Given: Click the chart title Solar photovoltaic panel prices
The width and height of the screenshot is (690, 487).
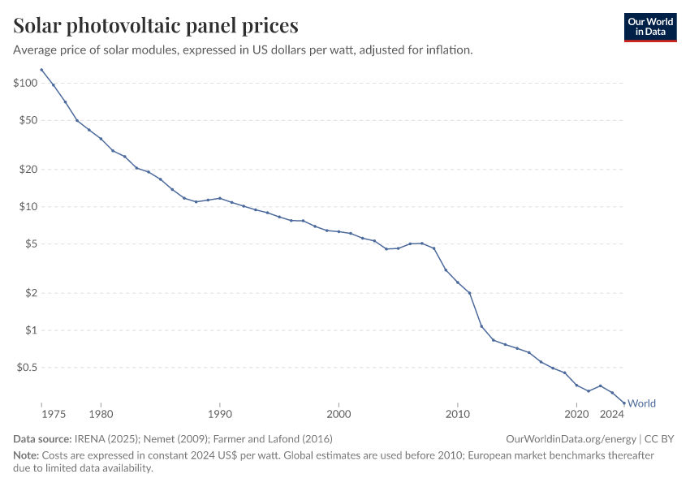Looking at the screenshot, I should pyautogui.click(x=156, y=26).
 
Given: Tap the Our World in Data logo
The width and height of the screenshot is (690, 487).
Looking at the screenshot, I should pyautogui.click(x=649, y=26).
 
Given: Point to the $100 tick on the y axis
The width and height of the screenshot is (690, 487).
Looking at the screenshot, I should pyautogui.click(x=25, y=84).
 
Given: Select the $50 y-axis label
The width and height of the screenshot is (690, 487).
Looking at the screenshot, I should pyautogui.click(x=28, y=120).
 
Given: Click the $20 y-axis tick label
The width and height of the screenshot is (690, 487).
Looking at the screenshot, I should pyautogui.click(x=28, y=170).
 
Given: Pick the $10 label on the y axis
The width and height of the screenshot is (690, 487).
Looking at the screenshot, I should pyautogui.click(x=28, y=207).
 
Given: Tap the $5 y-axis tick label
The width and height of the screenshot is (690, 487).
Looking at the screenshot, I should pyautogui.click(x=30, y=243).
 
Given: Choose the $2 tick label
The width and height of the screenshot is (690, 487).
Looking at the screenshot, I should pyautogui.click(x=30, y=293).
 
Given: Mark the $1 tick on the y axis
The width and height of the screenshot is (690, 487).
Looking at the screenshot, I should pyautogui.click(x=30, y=330).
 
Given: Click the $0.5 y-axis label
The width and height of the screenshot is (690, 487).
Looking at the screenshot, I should pyautogui.click(x=26, y=367).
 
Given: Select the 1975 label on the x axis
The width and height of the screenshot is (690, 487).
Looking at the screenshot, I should pyautogui.click(x=53, y=415).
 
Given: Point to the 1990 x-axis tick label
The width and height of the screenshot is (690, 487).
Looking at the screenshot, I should pyautogui.click(x=219, y=415).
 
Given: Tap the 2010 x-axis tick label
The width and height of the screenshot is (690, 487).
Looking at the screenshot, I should pyautogui.click(x=458, y=415).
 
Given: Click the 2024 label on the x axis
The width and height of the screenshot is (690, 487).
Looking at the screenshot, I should pyautogui.click(x=612, y=415).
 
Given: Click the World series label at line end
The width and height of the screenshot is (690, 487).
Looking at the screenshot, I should pyautogui.click(x=641, y=403).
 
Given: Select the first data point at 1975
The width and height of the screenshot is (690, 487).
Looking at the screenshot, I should pyautogui.click(x=41, y=70).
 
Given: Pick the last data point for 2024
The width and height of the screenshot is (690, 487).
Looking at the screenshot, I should pyautogui.click(x=624, y=403).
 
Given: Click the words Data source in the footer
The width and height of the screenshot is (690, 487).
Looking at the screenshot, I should pyautogui.click(x=41, y=439).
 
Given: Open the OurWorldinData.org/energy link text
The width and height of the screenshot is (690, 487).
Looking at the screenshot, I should pyautogui.click(x=571, y=439).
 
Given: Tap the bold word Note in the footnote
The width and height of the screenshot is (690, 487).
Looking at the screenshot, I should pyautogui.click(x=27, y=455).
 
